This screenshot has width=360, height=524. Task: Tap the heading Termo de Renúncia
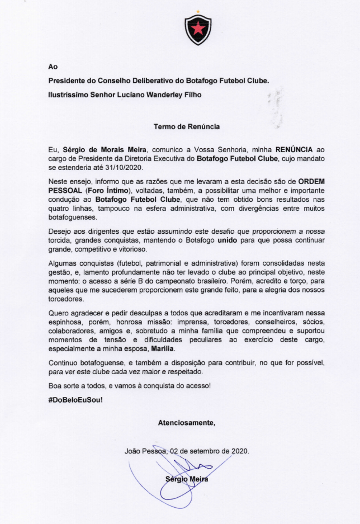point(187,126)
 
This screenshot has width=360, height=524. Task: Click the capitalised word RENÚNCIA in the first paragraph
point(295,150)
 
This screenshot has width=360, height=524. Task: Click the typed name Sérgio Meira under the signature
point(186,479)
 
